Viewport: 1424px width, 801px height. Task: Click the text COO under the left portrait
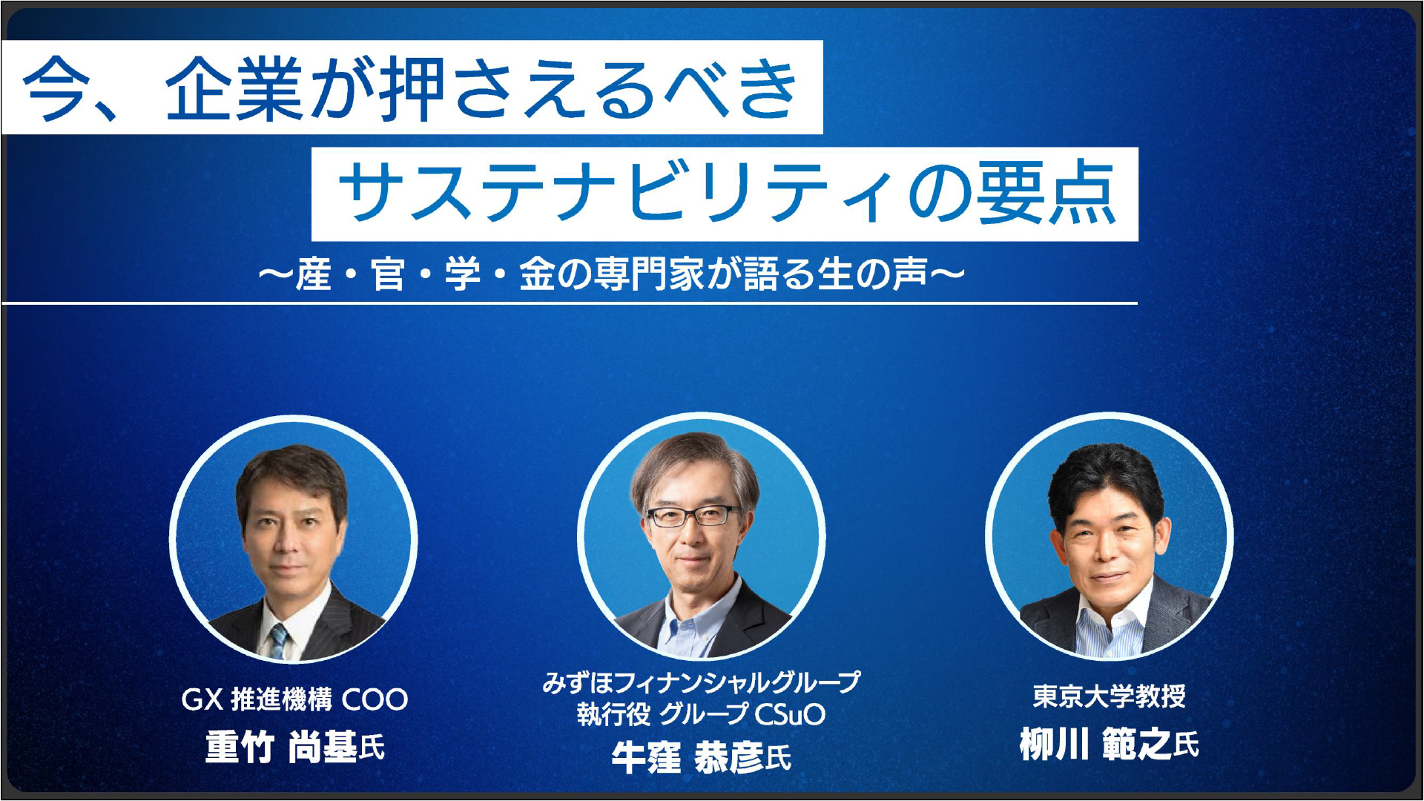click(x=375, y=699)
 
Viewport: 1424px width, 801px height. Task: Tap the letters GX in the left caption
click(x=202, y=699)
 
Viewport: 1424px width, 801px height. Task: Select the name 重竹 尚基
click(x=281, y=746)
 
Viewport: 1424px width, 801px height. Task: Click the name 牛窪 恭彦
click(x=687, y=757)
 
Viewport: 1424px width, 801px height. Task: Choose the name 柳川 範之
click(x=1095, y=744)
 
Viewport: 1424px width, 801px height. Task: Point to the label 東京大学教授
click(x=1109, y=696)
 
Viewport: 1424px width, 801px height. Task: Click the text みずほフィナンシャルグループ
click(x=701, y=682)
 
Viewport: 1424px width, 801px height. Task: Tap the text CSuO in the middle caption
click(x=789, y=714)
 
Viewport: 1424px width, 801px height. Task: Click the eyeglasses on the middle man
click(x=693, y=515)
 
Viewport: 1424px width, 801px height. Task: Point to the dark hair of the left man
click(x=291, y=467)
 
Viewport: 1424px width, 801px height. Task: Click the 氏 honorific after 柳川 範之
click(x=1186, y=744)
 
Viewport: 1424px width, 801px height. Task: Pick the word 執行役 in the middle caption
click(x=613, y=714)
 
